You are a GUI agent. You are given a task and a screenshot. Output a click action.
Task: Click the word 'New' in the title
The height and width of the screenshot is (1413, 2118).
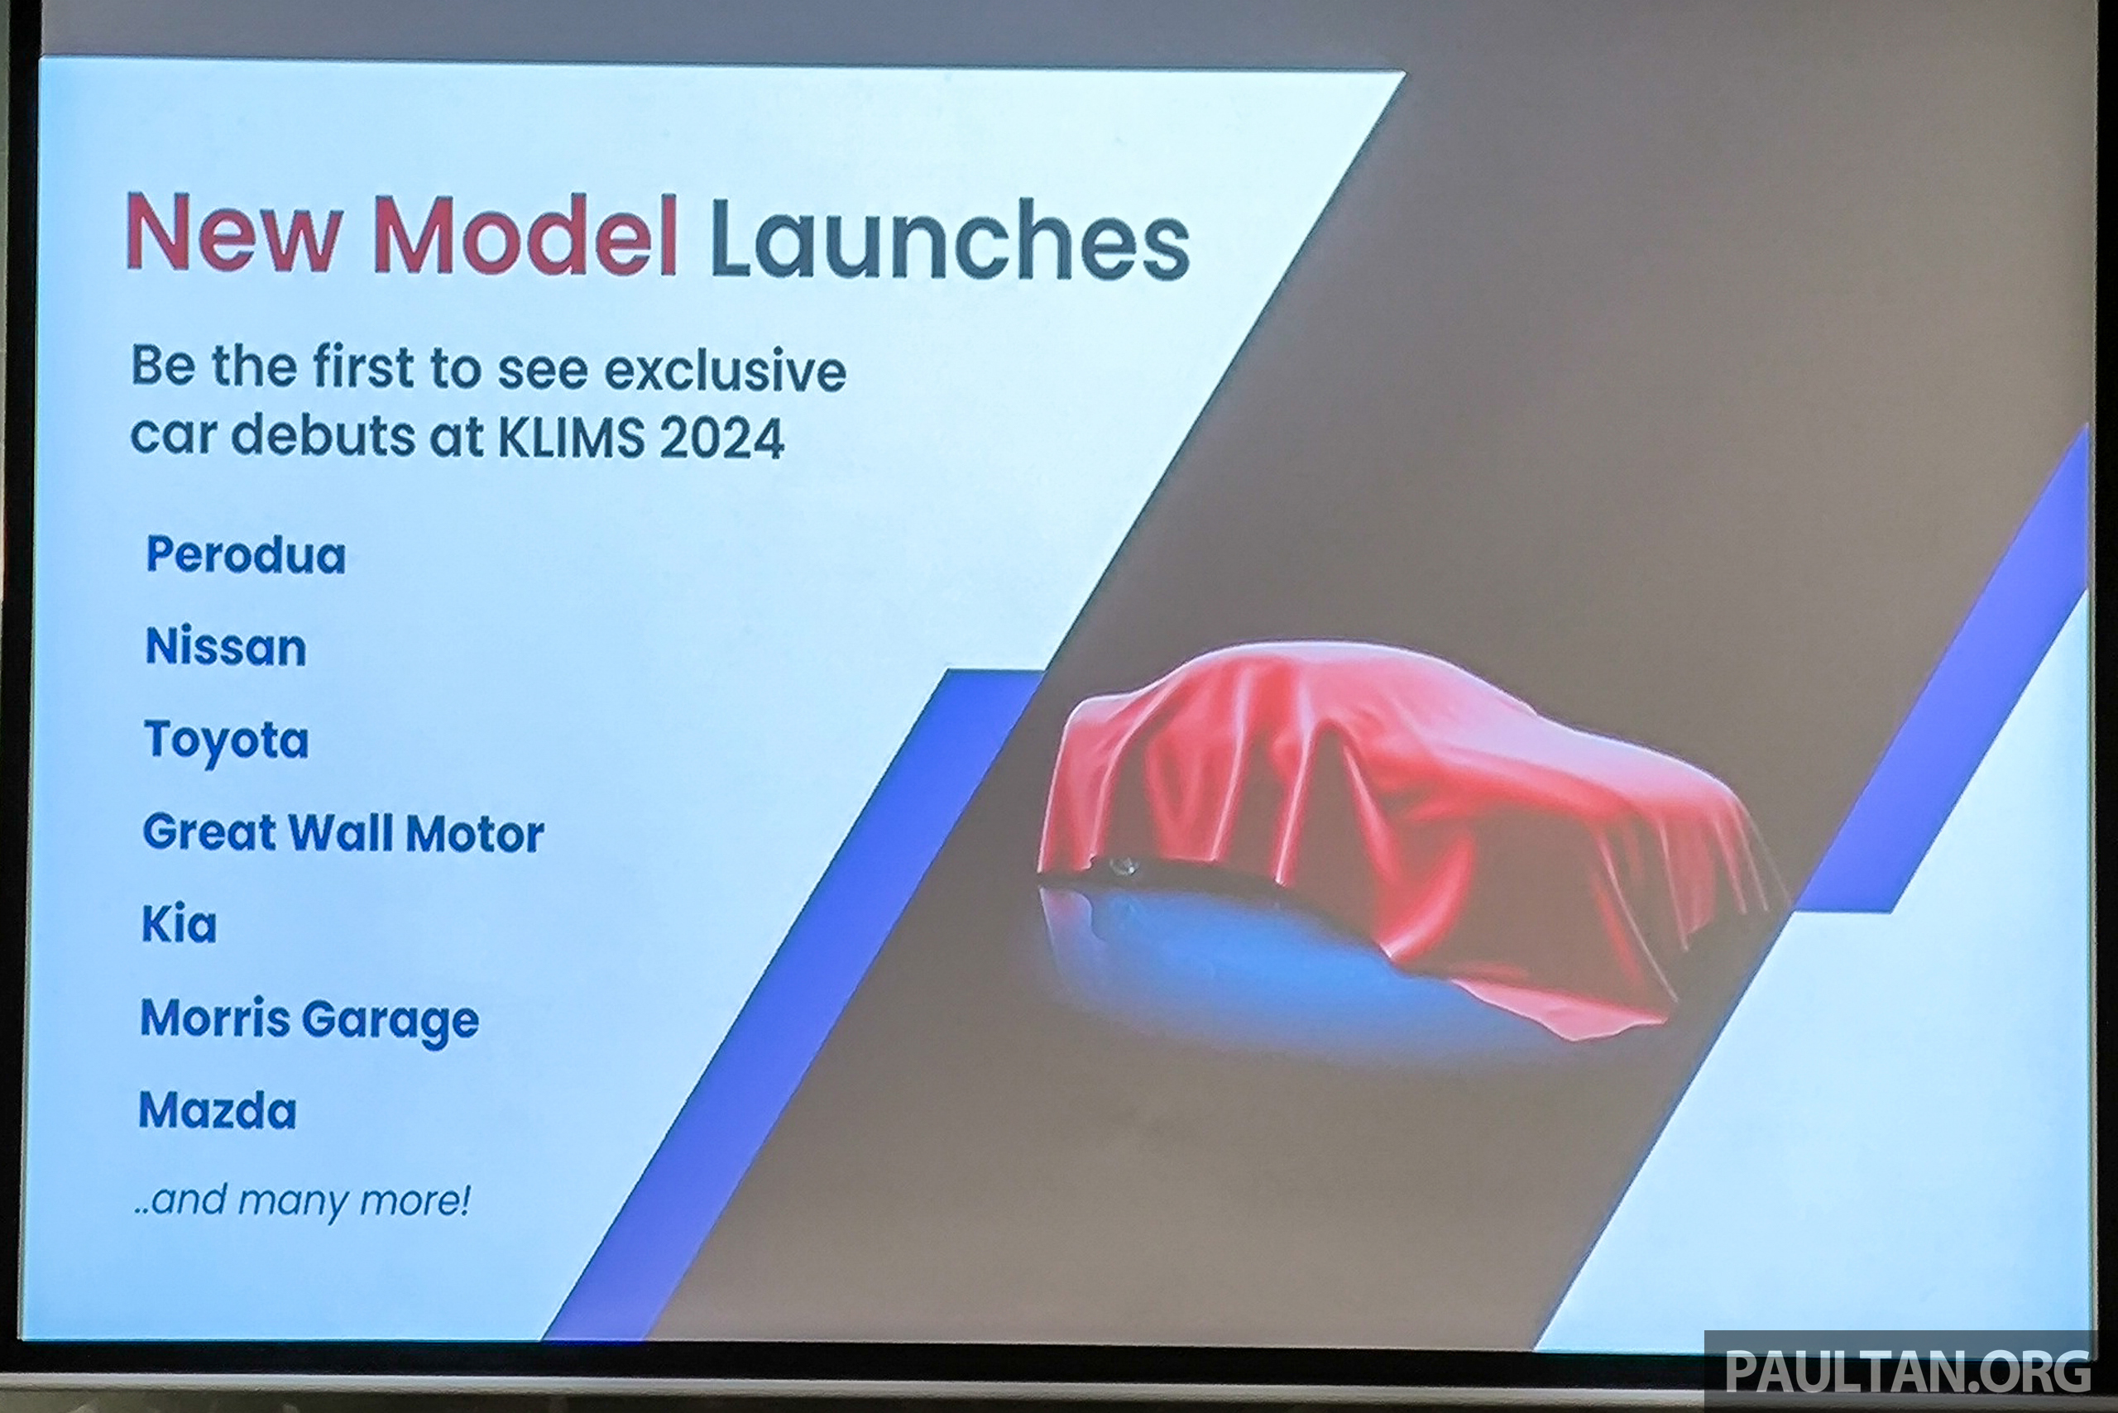pyautogui.click(x=233, y=232)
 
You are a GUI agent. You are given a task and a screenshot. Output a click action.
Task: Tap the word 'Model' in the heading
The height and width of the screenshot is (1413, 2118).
pyautogui.click(x=525, y=233)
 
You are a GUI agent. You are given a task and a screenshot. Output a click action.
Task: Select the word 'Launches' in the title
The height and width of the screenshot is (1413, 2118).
pyautogui.click(x=950, y=238)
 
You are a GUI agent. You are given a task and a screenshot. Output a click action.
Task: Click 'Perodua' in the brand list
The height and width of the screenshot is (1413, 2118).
pyautogui.click(x=245, y=554)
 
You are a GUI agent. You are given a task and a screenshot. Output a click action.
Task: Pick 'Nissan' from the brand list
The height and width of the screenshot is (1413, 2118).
pyautogui.click(x=225, y=647)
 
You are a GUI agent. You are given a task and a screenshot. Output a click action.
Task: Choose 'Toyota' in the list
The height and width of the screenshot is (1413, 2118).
pyautogui.click(x=225, y=741)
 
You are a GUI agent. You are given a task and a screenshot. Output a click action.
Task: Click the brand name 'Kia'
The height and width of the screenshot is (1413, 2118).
pyautogui.click(x=179, y=924)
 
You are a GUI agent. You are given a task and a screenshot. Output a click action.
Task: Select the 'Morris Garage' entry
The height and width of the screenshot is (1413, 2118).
pyautogui.click(x=309, y=1020)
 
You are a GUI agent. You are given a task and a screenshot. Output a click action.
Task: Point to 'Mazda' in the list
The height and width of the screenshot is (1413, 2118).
pyautogui.click(x=218, y=1110)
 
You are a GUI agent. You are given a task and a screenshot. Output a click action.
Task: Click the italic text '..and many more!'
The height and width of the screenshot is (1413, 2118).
pyautogui.click(x=302, y=1200)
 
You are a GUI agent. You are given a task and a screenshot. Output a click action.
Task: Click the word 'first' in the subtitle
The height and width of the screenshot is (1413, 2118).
pyautogui.click(x=363, y=367)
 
